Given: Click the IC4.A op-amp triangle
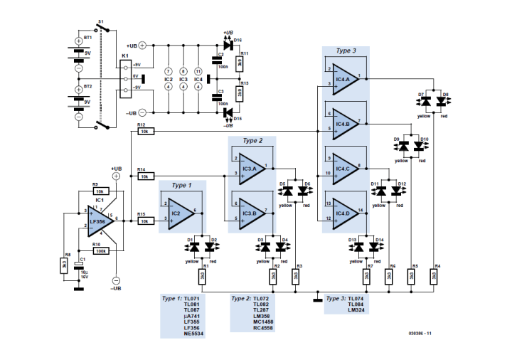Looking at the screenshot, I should tap(344, 78).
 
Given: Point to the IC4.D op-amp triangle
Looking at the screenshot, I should tap(344, 212).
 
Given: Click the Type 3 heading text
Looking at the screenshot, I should tap(347, 51).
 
